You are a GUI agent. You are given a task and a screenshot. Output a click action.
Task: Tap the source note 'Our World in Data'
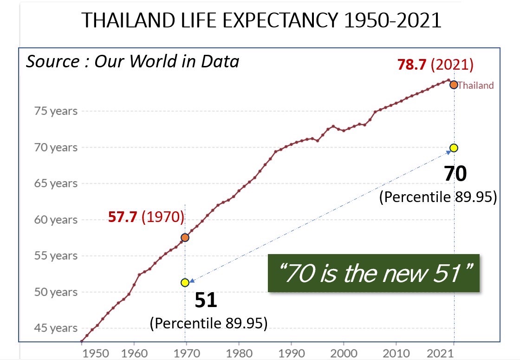point(132,61)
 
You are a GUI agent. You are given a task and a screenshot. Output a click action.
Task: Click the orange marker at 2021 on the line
point(454,85)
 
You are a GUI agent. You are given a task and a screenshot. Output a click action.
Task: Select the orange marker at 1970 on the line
point(185,237)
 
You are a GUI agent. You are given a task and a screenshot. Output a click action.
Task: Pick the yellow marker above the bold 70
point(454,148)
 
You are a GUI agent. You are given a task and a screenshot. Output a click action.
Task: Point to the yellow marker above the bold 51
point(185,282)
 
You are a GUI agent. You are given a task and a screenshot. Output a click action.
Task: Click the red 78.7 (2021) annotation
point(435,65)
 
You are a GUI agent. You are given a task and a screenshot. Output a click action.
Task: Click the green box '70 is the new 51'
point(373,273)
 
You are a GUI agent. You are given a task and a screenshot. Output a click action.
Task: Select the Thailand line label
point(476,85)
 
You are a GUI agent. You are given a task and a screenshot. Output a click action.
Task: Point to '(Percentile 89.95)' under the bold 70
point(438,197)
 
